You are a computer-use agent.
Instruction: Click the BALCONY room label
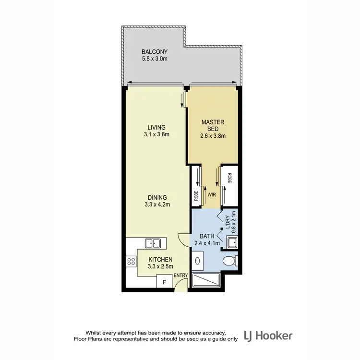[154, 52]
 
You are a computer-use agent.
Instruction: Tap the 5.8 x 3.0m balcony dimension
[154, 59]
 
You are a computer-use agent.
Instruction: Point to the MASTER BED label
[213, 125]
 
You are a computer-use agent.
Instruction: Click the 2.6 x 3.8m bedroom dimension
[213, 136]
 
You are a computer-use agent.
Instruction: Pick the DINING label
[157, 197]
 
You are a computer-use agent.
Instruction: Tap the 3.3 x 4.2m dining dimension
[157, 204]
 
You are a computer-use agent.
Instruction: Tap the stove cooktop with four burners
[131, 262]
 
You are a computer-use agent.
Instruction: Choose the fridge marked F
[164, 282]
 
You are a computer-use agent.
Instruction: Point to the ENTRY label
[181, 275]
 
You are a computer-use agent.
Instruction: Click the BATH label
[207, 236]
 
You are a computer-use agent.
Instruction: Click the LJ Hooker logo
[268, 336]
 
